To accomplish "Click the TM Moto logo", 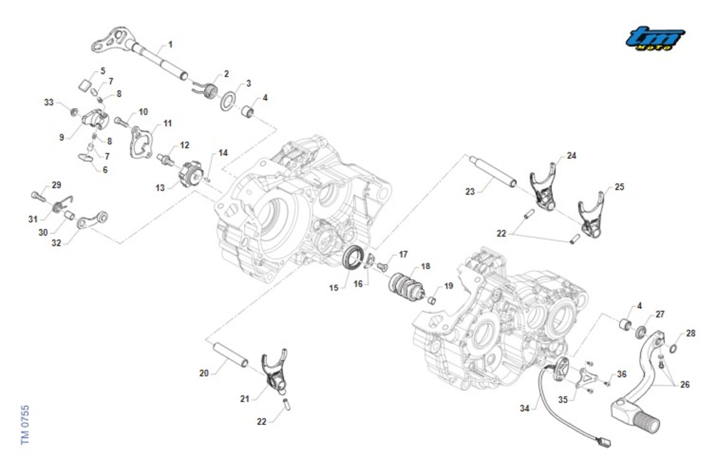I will (655, 39).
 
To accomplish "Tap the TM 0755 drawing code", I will (25, 424).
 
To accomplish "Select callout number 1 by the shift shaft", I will (170, 44).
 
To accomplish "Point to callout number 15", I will (334, 287).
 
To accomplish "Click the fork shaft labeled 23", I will (492, 172).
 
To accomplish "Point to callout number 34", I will (525, 409).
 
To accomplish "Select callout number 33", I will (49, 102).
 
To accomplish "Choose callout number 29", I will (56, 185).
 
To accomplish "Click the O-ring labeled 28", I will (673, 349).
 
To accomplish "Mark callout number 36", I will (622, 375).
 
